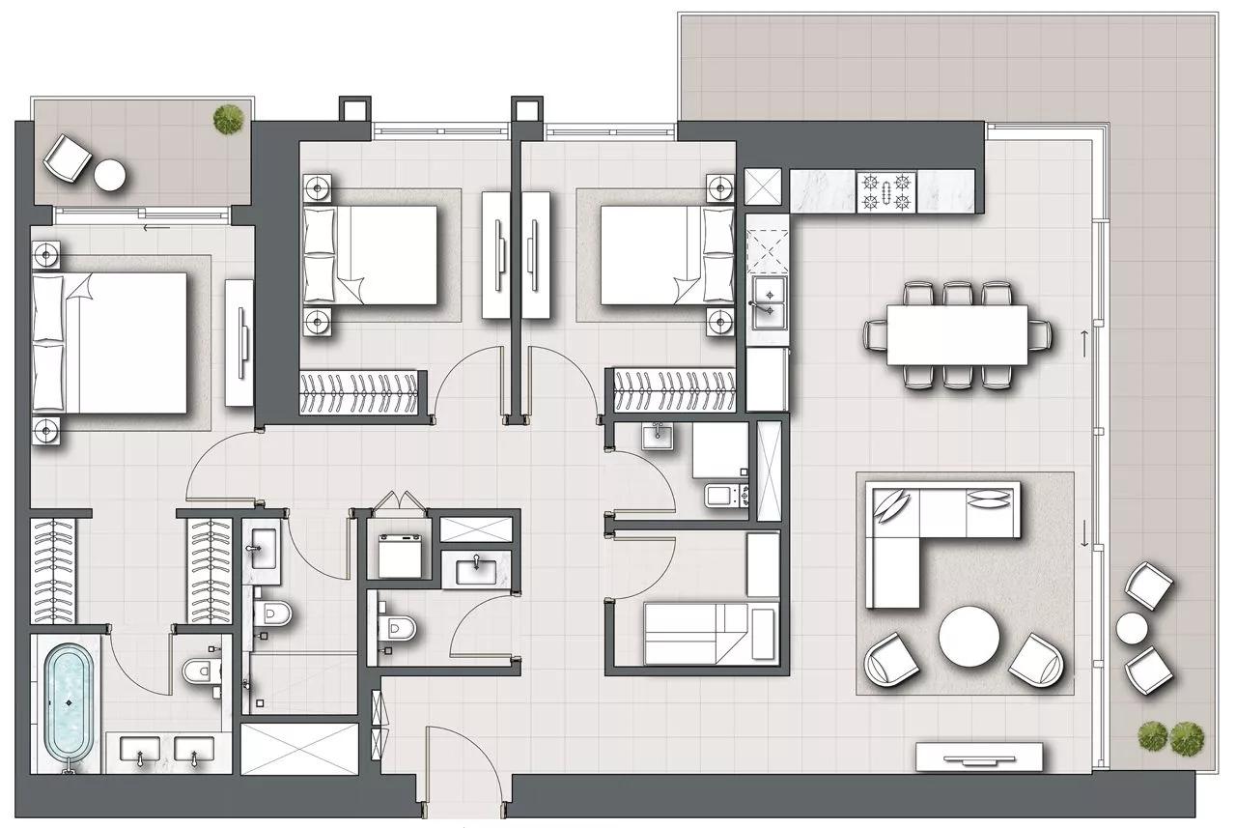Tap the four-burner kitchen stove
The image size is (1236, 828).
point(886,191)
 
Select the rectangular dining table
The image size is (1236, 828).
point(957,335)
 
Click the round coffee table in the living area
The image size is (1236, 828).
point(969,636)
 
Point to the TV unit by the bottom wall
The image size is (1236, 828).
point(979,757)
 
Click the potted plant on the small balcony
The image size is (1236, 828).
point(228,119)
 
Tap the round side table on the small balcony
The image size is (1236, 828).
point(109,176)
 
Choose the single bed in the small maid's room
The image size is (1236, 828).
point(710,633)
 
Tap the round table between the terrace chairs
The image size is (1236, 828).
point(1132,629)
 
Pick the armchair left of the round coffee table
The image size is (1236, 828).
point(891,660)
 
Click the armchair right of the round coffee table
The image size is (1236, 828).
point(1036,660)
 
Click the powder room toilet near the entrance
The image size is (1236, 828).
point(397,629)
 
